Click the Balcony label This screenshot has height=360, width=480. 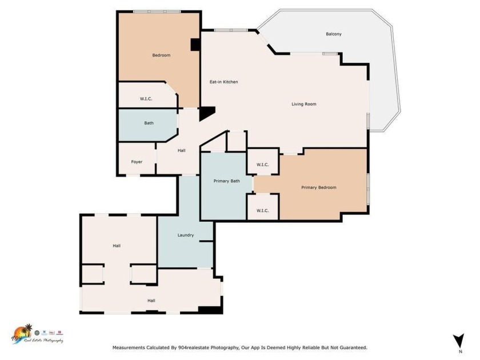coord(334,34)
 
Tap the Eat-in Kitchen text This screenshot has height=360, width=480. coord(223,82)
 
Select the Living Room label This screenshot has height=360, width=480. coord(303,104)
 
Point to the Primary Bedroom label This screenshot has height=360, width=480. coord(319,187)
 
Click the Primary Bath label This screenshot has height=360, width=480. coord(226,181)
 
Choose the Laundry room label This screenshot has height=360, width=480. coord(186,235)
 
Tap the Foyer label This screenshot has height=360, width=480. coord(137,162)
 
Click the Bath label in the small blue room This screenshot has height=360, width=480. coord(149,123)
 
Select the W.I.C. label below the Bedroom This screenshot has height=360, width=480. coord(146,99)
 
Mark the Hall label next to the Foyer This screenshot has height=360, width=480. coord(181,150)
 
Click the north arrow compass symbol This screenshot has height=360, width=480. coord(457,341)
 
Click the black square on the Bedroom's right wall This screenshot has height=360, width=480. coord(195,45)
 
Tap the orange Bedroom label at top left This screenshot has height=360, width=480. coord(161,55)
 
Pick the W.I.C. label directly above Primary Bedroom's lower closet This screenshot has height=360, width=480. coord(262,165)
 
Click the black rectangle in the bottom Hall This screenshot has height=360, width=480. coord(209,310)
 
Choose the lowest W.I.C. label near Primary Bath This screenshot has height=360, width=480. coord(262,210)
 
